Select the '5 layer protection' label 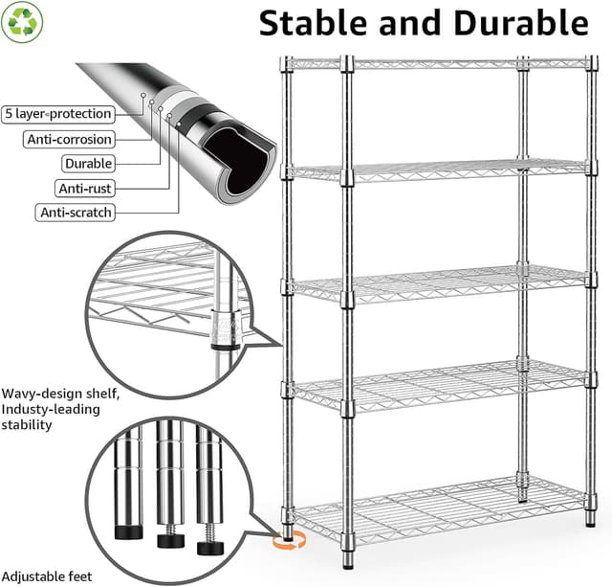tap(57, 114)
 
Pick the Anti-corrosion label tap(68, 139)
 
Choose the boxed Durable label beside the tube tap(88, 164)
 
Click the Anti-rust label tap(87, 189)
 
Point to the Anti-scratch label tap(76, 213)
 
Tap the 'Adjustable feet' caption tap(47, 576)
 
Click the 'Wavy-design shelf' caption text tap(61, 393)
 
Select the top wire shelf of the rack tap(435, 63)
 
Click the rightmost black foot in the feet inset tap(209, 548)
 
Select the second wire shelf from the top tap(435, 172)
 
